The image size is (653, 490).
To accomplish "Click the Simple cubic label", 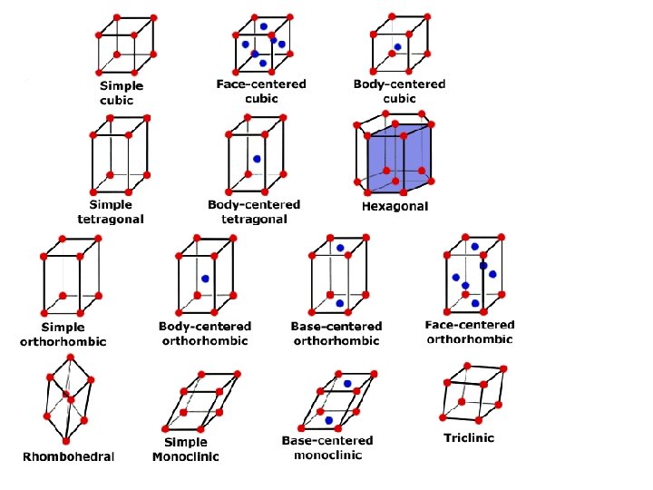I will click(x=122, y=93).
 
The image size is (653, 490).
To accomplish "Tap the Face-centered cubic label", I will click(x=261, y=91).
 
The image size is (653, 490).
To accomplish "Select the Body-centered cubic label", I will click(x=399, y=91).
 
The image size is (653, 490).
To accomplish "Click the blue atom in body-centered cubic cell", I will click(x=397, y=47).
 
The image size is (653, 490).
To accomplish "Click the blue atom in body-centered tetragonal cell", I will click(x=258, y=159).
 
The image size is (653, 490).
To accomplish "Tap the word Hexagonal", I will click(x=395, y=207).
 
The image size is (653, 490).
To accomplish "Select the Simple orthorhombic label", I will click(x=63, y=334).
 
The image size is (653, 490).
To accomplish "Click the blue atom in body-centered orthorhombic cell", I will click(x=206, y=279).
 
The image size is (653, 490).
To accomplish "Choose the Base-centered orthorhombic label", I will click(x=336, y=333).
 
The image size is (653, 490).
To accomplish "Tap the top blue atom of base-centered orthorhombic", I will click(x=340, y=248).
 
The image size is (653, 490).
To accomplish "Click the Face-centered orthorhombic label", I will click(x=469, y=331).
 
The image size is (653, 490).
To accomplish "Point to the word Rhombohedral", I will click(x=69, y=456).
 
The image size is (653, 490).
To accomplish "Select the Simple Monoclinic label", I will click(x=185, y=449).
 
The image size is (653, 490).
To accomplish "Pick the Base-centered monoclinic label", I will click(x=327, y=447).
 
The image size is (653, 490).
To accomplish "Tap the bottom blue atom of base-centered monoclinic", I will click(x=328, y=420).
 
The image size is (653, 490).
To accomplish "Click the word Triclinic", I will click(x=469, y=438).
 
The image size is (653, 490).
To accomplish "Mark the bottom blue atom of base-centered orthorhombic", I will click(x=339, y=303).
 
